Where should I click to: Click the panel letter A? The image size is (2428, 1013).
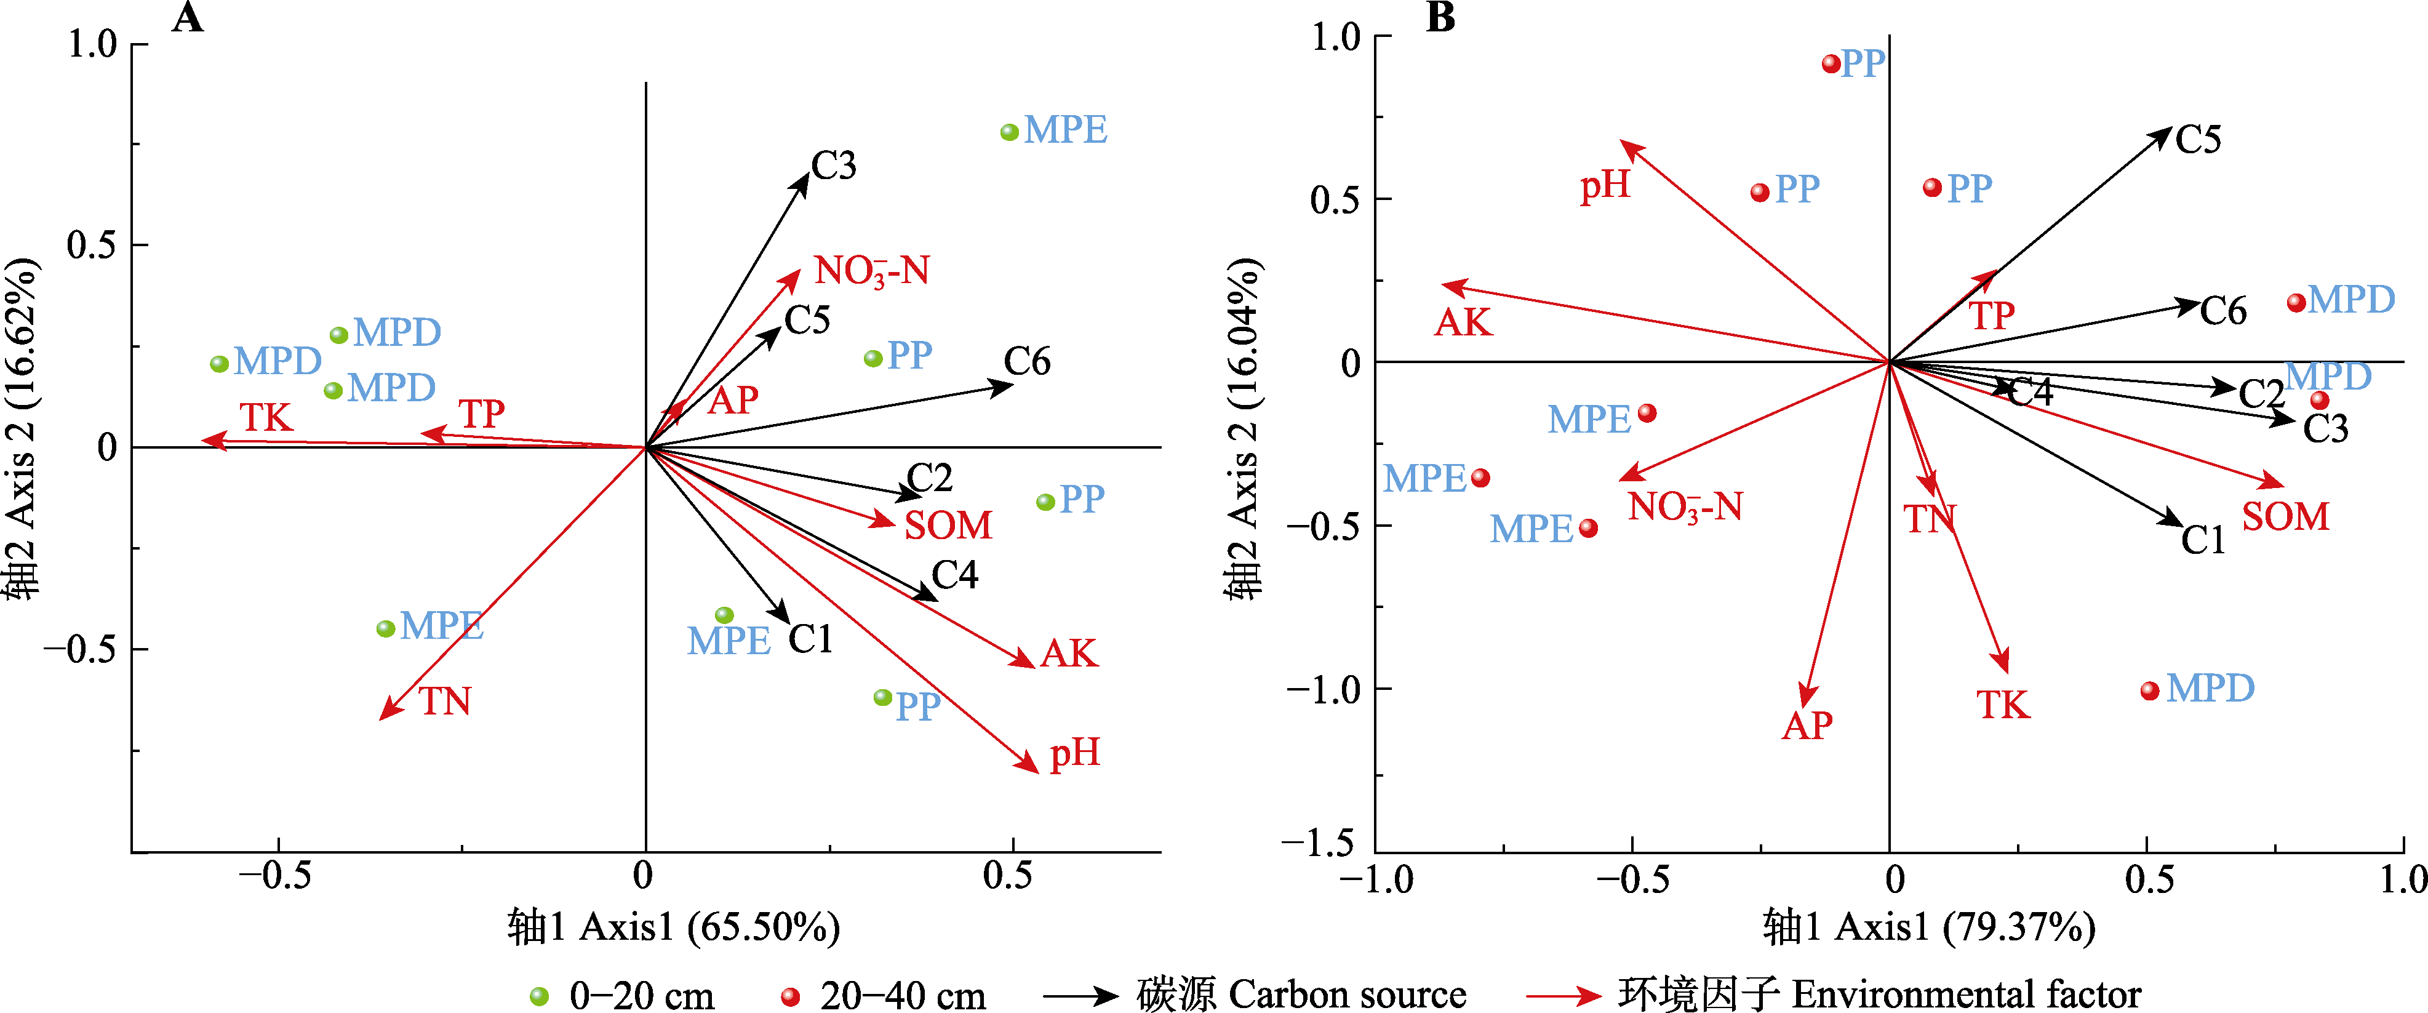[x=188, y=18]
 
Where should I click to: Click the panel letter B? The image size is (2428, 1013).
[x=1440, y=18]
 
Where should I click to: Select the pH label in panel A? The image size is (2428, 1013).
[x=1074, y=753]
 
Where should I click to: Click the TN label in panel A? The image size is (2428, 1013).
[x=445, y=702]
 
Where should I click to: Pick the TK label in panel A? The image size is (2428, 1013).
[x=266, y=417]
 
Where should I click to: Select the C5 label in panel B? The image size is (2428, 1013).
[x=2198, y=140]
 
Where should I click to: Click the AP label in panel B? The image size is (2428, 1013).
[x=1807, y=726]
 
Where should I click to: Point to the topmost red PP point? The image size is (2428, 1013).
[x=1831, y=64]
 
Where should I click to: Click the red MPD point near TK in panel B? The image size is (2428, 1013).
[x=2150, y=691]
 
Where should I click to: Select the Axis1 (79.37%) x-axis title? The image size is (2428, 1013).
[x=1928, y=928]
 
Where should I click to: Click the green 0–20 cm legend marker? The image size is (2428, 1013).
[x=539, y=996]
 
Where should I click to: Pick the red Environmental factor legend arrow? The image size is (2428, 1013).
[x=1563, y=996]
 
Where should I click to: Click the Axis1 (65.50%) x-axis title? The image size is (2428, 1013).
[x=673, y=928]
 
